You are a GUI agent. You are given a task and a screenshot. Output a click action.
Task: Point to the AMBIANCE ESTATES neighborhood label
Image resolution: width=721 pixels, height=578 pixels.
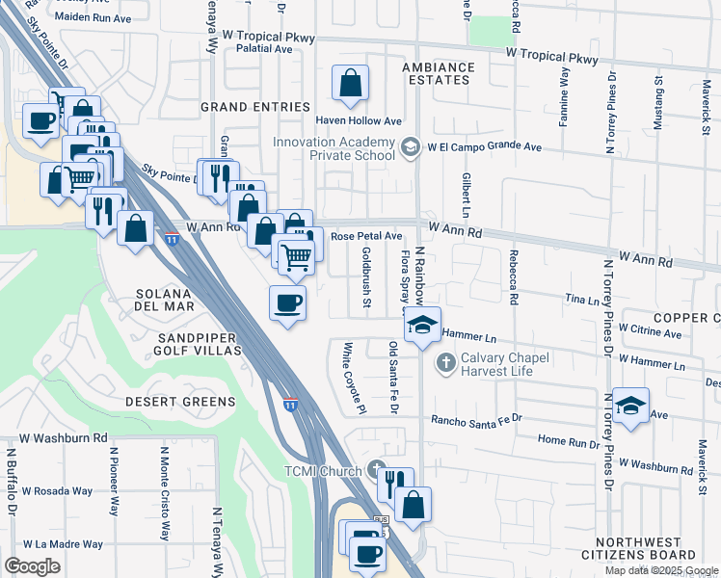pyautogui.click(x=439, y=74)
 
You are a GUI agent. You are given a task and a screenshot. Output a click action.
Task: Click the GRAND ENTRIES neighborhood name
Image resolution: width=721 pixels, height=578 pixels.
pyautogui.click(x=254, y=107)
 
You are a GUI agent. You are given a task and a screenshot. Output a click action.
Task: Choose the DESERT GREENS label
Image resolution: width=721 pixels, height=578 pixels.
pyautogui.click(x=180, y=401)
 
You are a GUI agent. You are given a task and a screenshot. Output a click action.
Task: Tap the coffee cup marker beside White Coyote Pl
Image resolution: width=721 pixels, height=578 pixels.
pyautogui.click(x=287, y=303)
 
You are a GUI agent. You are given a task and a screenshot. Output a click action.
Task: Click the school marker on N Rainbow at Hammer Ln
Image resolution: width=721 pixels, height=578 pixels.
pyautogui.click(x=421, y=326)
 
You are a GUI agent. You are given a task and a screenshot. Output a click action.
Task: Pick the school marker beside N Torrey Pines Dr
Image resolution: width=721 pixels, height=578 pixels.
pyautogui.click(x=630, y=407)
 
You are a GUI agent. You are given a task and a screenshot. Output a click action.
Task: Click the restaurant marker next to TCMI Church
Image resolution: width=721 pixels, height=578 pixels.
pyautogui.click(x=395, y=485)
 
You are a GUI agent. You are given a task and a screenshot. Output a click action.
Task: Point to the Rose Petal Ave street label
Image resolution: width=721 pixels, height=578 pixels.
pyautogui.click(x=366, y=235)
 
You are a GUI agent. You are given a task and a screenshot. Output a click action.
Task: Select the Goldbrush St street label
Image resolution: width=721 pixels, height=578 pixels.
pyautogui.click(x=366, y=278)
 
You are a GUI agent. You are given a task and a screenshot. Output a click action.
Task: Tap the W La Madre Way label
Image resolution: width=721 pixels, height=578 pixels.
pyautogui.click(x=57, y=543)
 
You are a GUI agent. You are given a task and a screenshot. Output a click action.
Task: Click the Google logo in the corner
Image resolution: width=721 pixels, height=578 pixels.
pyautogui.click(x=32, y=565)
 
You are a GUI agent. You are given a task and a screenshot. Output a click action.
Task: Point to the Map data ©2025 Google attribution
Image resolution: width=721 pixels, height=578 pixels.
pyautogui.click(x=662, y=570)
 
